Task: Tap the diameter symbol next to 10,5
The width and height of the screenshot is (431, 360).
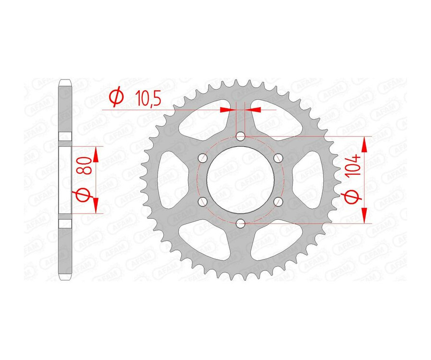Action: (116, 97)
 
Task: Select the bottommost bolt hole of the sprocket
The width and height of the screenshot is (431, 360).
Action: (240, 223)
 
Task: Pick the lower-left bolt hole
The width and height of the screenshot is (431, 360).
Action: (203, 201)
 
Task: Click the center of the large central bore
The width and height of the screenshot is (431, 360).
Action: (240, 180)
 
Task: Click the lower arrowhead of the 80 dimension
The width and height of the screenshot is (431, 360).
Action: (95, 206)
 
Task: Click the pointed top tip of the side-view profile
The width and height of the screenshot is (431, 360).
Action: (66, 80)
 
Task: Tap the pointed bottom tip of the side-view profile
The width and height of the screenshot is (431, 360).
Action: (66, 281)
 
